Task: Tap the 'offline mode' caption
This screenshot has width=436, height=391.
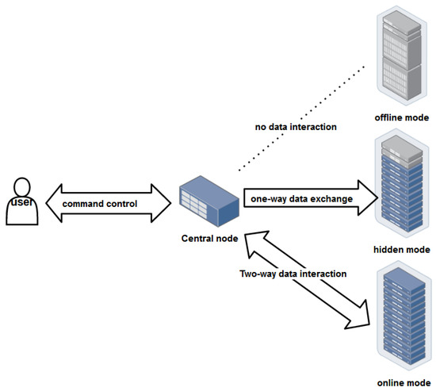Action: coord(402,117)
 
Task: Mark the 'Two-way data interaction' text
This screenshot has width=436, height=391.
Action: coord(293,274)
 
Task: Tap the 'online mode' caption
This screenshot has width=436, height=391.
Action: coord(402,381)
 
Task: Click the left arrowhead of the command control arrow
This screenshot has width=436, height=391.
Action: coord(50,204)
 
